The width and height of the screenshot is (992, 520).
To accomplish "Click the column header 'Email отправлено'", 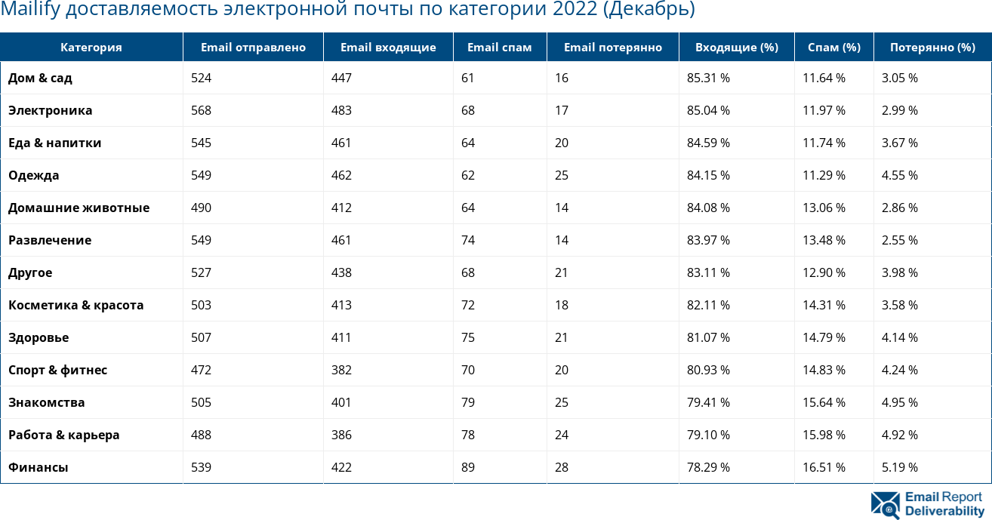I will click(x=253, y=48).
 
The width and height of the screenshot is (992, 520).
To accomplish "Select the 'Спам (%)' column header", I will click(x=833, y=48).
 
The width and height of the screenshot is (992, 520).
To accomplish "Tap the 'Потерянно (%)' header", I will click(x=932, y=48).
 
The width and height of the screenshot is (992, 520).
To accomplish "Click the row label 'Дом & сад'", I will click(x=41, y=78).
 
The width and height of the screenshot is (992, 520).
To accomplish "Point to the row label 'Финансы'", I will click(x=39, y=467).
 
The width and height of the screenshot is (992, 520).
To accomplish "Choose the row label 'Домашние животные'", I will click(x=79, y=208).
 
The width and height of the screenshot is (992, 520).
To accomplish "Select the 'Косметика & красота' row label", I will click(x=75, y=305).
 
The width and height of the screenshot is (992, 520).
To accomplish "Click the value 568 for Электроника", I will click(x=202, y=110).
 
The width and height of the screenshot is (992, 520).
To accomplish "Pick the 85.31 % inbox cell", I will click(x=708, y=78).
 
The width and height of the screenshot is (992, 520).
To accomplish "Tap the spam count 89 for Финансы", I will click(x=468, y=467).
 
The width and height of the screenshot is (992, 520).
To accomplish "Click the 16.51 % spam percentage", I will click(x=824, y=467).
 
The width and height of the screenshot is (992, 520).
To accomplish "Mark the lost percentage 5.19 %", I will click(x=900, y=467).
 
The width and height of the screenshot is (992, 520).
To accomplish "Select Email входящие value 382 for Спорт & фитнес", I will click(x=342, y=370).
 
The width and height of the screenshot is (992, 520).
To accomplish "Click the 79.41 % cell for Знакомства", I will click(x=708, y=402).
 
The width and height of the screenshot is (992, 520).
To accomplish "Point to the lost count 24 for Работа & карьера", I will click(x=562, y=435).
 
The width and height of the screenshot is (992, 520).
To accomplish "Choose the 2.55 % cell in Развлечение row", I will click(x=900, y=240).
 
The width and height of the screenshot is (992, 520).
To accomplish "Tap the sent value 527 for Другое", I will click(x=202, y=272).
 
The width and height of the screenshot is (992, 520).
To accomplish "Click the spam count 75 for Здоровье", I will click(x=468, y=337).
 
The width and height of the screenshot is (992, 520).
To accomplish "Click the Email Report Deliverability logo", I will click(x=927, y=504).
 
